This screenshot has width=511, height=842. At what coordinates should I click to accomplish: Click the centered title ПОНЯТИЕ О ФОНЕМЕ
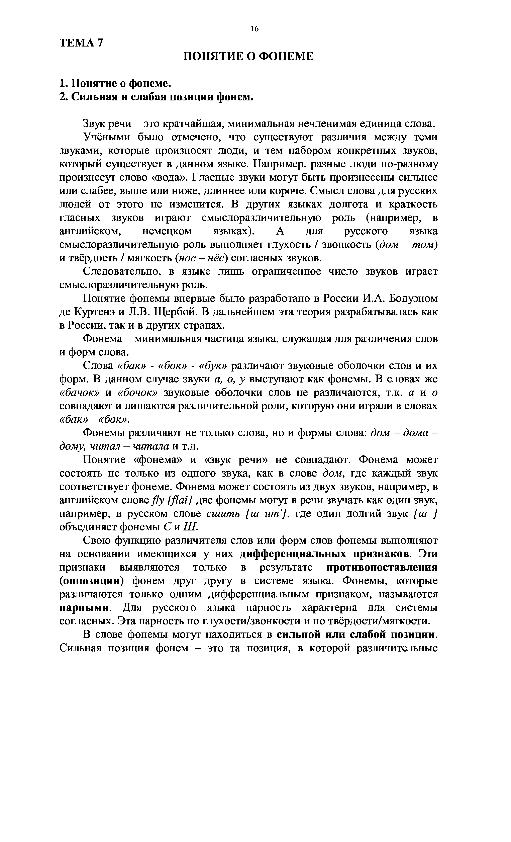pyautogui.click(x=248, y=56)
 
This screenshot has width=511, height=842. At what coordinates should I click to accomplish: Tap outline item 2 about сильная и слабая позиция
pyautogui.click(x=157, y=97)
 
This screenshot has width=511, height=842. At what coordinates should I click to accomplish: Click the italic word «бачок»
pyautogui.click(x=79, y=393)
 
